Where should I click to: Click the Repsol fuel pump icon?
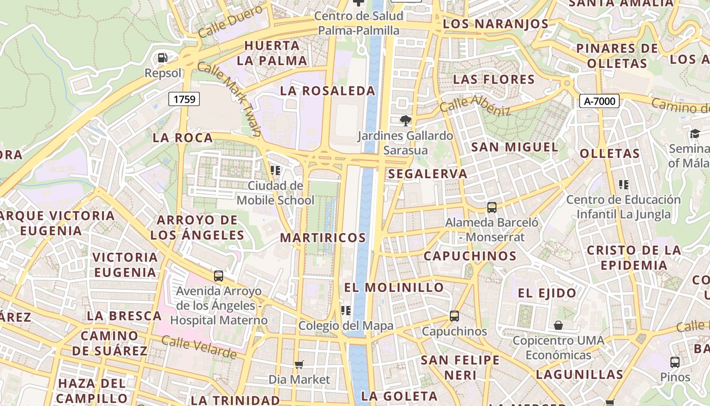162,58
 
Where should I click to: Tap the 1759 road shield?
184,99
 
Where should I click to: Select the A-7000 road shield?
599,101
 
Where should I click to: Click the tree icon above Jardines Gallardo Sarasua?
405,121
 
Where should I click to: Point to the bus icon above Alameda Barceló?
491,207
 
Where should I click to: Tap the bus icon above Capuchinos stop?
454,316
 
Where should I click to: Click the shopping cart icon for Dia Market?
299,364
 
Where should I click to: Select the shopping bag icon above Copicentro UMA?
558,325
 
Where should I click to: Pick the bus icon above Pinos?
674,362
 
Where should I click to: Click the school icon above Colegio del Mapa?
346,310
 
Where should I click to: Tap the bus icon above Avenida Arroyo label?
218,276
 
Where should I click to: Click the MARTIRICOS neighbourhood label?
323,238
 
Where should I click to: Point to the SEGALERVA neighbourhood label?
428,174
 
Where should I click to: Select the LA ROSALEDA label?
328,91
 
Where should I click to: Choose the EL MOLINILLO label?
394,287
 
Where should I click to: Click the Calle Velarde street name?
199,347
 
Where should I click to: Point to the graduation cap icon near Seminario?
694,133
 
